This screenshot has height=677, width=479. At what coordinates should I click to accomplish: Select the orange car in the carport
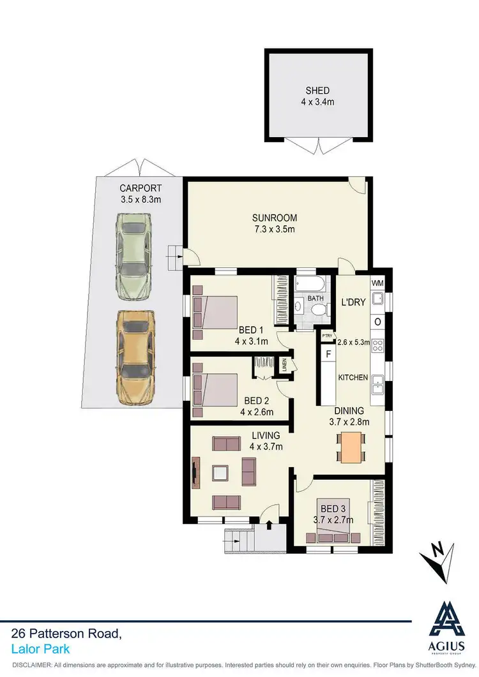135,357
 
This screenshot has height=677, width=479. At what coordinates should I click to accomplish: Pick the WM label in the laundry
377,283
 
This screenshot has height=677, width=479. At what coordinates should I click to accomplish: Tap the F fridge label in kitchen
329,353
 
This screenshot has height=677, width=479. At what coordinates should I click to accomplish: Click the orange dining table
351,447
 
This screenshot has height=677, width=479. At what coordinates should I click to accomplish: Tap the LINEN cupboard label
285,367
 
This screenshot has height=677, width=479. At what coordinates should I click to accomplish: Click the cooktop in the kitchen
377,345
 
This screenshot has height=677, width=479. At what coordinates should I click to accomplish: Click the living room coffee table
222,473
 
